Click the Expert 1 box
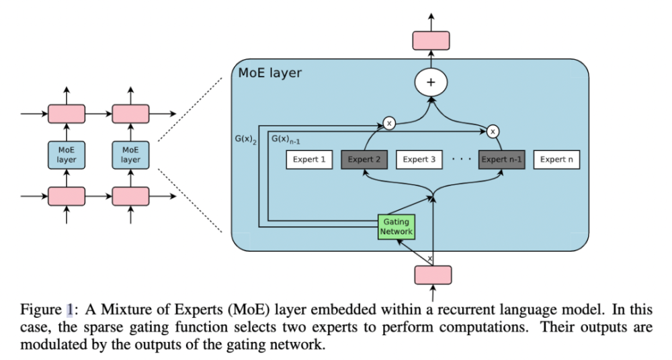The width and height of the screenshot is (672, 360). (x=309, y=160)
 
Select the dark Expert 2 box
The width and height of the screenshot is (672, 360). (x=364, y=160)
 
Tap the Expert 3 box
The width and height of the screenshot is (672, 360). (x=419, y=160)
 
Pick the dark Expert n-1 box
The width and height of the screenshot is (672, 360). (x=501, y=160)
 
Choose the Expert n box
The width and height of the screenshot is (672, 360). (x=556, y=160)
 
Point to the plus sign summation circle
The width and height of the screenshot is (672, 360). (x=431, y=83)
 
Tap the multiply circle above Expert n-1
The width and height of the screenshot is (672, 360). (x=493, y=131)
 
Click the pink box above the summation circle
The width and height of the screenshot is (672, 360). (x=431, y=40)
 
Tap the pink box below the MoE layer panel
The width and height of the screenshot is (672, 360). (x=432, y=275)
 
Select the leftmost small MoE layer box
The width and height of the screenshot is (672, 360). (x=66, y=154)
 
